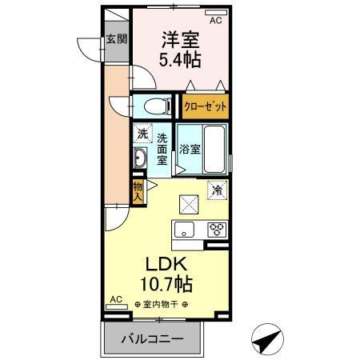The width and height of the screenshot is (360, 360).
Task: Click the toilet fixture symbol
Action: [154, 106]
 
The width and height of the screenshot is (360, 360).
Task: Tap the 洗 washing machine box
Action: [141, 134]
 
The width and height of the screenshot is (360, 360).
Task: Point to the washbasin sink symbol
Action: [140, 158]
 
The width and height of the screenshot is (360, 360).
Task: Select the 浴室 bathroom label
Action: [189, 149]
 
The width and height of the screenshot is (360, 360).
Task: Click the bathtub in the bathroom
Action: [214, 149]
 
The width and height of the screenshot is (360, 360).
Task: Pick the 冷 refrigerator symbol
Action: [216, 191]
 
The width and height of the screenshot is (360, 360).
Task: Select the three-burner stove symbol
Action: [216, 230]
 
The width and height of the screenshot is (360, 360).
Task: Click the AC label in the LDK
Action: [115, 300]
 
